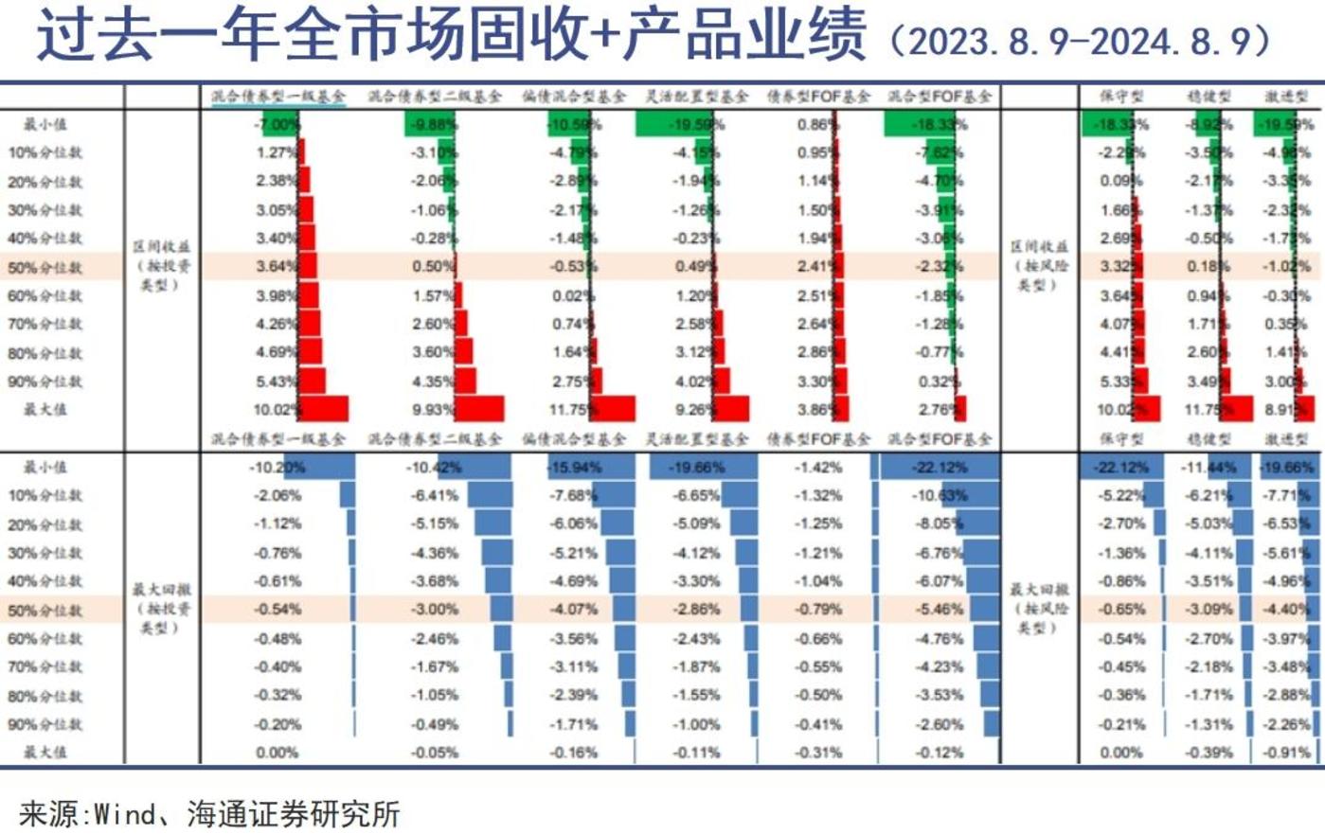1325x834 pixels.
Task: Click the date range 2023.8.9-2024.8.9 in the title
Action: pyautogui.click(x=1089, y=41)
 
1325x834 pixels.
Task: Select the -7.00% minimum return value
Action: pyautogui.click(x=276, y=124)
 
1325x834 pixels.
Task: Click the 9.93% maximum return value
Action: pyautogui.click(x=433, y=410)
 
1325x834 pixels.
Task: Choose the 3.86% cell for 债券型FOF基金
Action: pyautogui.click(x=816, y=410)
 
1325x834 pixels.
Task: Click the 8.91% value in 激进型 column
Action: pyautogui.click(x=1287, y=410)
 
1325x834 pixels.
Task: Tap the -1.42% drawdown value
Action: pyautogui.click(x=818, y=467)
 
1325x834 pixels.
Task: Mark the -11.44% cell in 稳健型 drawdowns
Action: pyautogui.click(x=1209, y=467)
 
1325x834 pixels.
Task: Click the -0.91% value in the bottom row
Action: pyautogui.click(x=1289, y=753)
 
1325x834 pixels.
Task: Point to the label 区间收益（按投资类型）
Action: pyautogui.click(x=158, y=265)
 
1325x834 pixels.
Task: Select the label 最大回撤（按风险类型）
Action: pyautogui.click(x=1038, y=608)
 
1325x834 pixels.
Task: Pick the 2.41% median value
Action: pyautogui.click(x=816, y=267)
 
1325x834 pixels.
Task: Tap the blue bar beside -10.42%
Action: pyautogui.click(x=488, y=467)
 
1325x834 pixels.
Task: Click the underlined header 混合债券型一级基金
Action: pyautogui.click(x=278, y=96)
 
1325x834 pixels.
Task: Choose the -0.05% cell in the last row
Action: pyautogui.click(x=435, y=753)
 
